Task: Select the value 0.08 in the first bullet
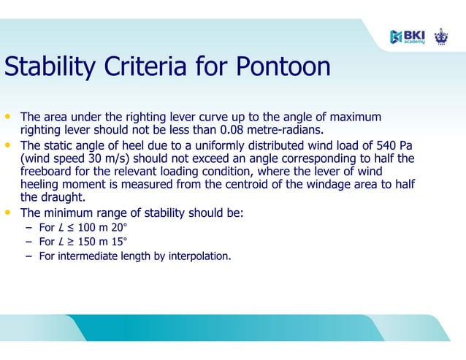point(234,131)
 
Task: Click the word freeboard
point(46,172)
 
